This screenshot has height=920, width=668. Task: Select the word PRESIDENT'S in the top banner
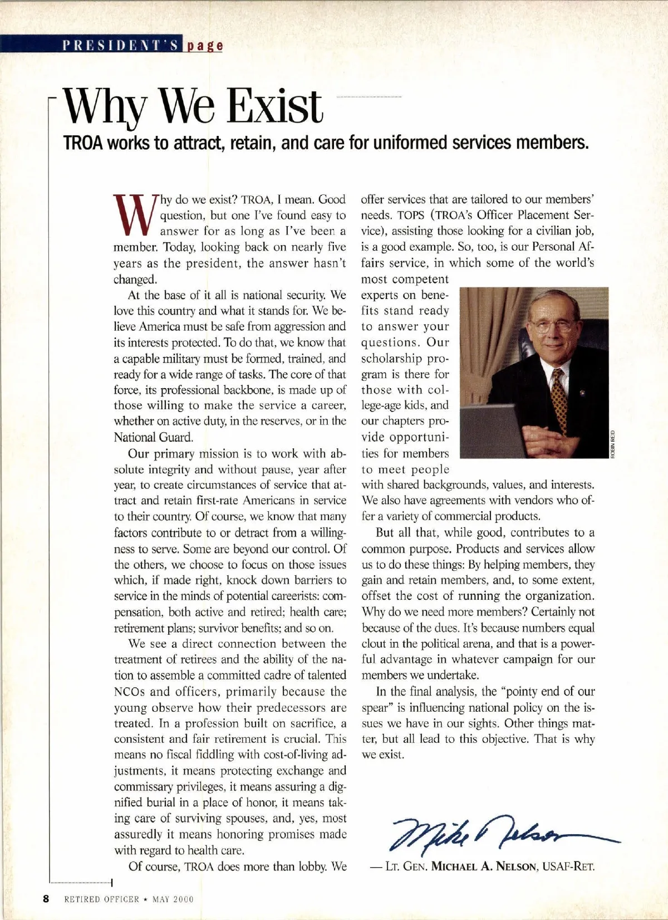pyautogui.click(x=120, y=45)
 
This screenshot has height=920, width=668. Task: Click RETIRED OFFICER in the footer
pyautogui.click(x=101, y=899)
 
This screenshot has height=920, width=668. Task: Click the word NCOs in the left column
pyautogui.click(x=129, y=692)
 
